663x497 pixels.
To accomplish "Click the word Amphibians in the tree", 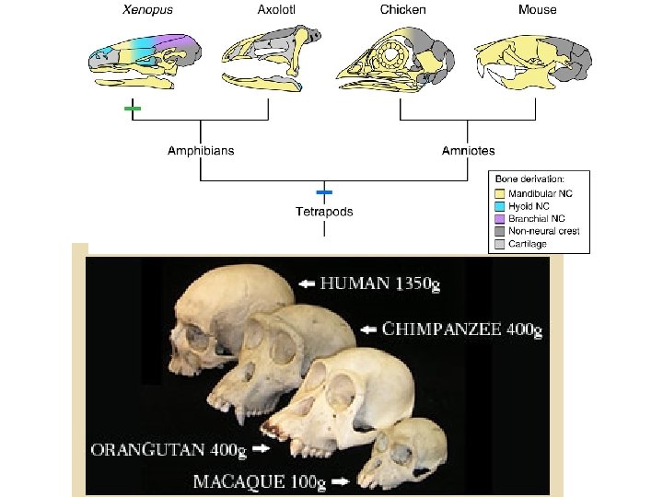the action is (x=201, y=150).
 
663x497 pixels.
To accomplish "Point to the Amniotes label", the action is (x=466, y=150).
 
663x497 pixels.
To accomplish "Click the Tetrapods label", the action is (x=323, y=212).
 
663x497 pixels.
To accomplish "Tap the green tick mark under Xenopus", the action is (x=134, y=110).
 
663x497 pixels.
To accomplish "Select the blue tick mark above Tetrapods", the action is (x=323, y=192).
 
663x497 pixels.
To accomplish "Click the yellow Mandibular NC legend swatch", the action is (x=499, y=194).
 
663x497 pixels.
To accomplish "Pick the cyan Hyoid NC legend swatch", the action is (x=499, y=206).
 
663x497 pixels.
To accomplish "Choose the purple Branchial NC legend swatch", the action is (x=499, y=218).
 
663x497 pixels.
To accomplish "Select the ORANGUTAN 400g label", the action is (x=169, y=450).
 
